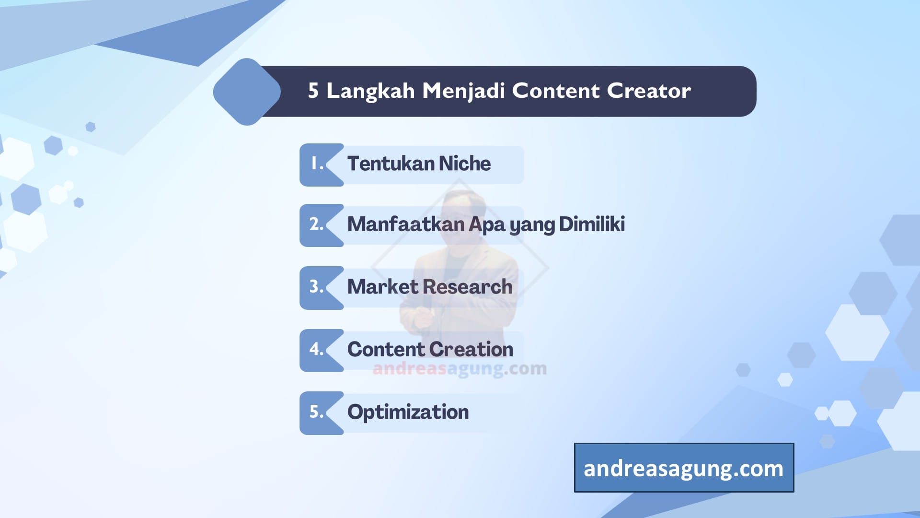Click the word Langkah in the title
370,91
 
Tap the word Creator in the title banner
649,91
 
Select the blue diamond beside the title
247,92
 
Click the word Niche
465,164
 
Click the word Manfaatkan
405,224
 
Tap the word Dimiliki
592,224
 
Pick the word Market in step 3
383,287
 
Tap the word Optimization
408,412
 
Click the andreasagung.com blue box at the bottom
684,468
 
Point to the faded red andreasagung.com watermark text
459,368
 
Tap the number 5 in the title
313,91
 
